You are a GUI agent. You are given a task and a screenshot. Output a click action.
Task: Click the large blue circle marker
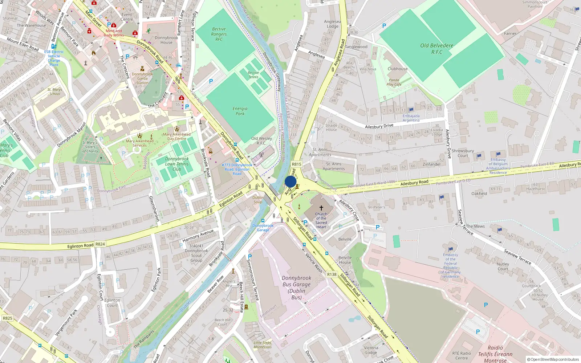click(x=290, y=181)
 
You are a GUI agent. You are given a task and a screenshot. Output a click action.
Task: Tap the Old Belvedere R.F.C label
click(x=437, y=49)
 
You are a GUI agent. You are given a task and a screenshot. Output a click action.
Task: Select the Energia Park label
click(x=240, y=111)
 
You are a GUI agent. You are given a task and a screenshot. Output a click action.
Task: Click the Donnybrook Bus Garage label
click(x=296, y=287)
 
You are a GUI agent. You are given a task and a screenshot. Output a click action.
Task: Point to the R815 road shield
click(x=297, y=164)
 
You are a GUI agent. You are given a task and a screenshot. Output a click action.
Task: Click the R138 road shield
click(x=332, y=274)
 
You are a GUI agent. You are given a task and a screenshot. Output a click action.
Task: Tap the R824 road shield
click(x=100, y=244)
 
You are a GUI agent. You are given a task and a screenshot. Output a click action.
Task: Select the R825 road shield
click(x=7, y=318)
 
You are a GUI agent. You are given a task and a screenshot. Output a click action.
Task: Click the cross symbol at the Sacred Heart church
click(x=321, y=208)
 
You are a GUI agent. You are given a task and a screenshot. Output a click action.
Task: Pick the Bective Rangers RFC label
click(x=219, y=34)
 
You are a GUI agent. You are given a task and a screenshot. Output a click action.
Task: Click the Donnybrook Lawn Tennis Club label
click(x=177, y=164)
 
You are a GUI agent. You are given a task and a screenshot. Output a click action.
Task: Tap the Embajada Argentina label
click(x=411, y=118)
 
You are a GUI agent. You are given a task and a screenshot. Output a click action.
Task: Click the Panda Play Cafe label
click(x=394, y=82)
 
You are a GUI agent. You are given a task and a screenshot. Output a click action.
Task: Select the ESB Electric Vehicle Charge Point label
click(x=54, y=58)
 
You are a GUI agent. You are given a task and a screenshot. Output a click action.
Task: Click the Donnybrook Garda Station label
click(x=142, y=78)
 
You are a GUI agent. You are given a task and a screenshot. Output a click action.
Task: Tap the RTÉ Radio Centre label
click(x=462, y=355)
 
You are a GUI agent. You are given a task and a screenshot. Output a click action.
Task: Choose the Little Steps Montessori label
click(x=263, y=344)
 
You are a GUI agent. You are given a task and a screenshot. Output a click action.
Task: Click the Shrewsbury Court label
click(x=463, y=153)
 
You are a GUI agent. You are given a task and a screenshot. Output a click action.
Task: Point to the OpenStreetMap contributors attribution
click(x=553, y=359)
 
